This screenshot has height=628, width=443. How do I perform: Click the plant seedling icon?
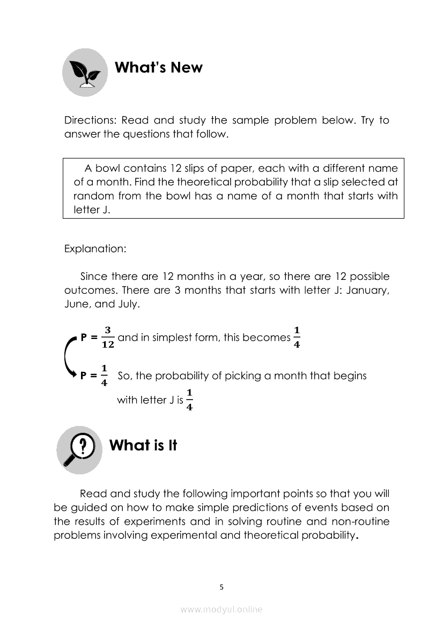point(85,72)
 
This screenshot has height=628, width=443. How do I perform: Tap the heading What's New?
point(159,68)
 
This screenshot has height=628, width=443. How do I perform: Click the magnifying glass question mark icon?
point(79,450)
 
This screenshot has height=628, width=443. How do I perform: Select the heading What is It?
point(143,445)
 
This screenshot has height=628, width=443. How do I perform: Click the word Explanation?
point(94,249)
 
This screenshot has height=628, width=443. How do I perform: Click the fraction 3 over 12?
point(108,337)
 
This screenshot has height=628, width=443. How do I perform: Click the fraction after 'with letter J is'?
point(190,400)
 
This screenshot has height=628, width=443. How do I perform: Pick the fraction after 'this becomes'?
point(297,337)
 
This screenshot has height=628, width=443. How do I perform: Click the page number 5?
point(222,587)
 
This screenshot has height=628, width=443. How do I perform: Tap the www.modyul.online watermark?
point(222,610)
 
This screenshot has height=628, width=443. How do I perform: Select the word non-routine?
point(362,521)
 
